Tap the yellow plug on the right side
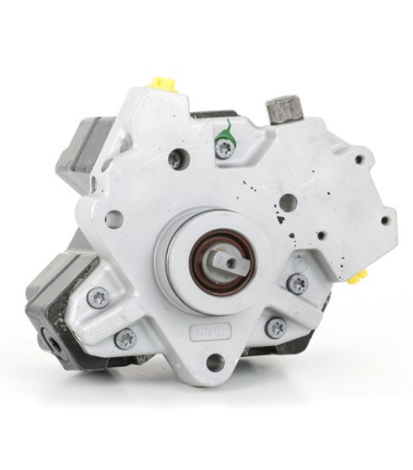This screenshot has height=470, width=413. pyautogui.click(x=361, y=274)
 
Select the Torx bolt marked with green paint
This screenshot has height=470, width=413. pyautogui.click(x=224, y=148)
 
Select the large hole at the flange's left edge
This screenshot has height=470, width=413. pyautogui.click(x=114, y=219)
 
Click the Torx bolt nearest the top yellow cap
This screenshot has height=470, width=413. pyautogui.click(x=175, y=158)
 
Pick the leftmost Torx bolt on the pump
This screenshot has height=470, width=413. pyautogui.click(x=98, y=297)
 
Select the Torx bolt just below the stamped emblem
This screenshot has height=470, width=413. pyautogui.click(x=298, y=283)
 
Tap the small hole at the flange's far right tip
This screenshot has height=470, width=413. pyautogui.click(x=384, y=221)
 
